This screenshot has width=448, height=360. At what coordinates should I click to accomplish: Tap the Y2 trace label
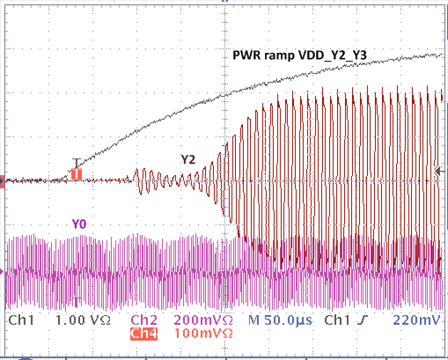coord(187,159)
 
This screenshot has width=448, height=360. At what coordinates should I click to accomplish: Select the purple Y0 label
coord(79,224)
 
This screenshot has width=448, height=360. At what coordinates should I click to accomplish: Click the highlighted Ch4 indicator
coord(143,334)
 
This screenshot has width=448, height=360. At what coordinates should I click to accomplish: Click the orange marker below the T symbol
coord(77,174)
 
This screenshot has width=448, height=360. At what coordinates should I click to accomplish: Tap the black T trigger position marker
coord(77,163)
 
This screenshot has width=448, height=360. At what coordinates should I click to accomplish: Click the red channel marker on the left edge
coord(4,181)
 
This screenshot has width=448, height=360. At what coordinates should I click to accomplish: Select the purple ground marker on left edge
coord(4,273)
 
